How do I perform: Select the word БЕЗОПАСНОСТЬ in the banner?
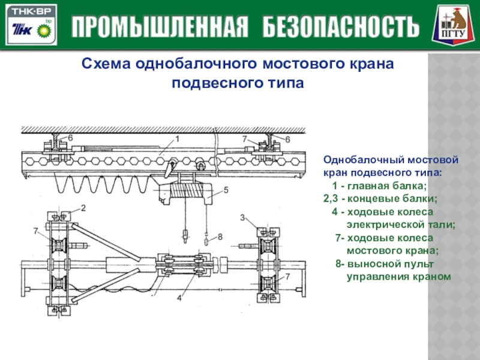point(337,26)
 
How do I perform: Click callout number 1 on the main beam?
point(178,139)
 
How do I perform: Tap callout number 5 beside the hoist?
point(226,190)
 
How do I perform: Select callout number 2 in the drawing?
point(83,208)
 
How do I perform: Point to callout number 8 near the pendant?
point(220,237)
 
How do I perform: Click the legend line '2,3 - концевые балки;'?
point(380,199)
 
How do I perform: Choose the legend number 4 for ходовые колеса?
point(334,212)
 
